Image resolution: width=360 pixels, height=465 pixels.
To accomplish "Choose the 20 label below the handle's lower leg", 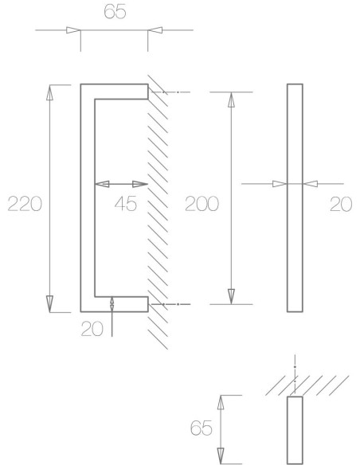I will pyautogui.click(x=92, y=327).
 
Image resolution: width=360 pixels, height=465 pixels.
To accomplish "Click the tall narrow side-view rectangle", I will pyautogui.click(x=294, y=197).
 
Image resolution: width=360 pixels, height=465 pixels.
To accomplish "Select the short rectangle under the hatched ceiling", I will pyautogui.click(x=295, y=429).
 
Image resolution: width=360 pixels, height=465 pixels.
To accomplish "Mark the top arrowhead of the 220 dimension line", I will pyautogui.click(x=50, y=92).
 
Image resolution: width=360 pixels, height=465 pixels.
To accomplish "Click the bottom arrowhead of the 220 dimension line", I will pyautogui.click(x=50, y=303).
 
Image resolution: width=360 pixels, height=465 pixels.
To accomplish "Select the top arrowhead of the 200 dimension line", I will pyautogui.click(x=231, y=100).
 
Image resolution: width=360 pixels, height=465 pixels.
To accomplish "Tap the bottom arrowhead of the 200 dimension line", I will pyautogui.click(x=231, y=295).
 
